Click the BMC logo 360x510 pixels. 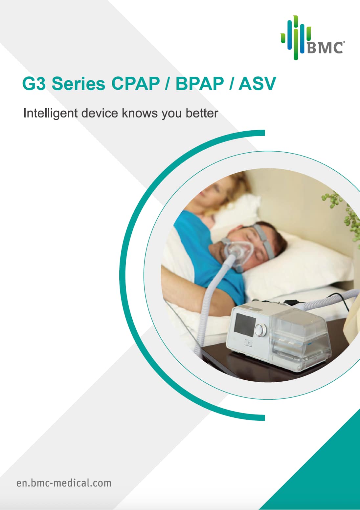[x=313, y=38]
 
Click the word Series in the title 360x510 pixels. [x=79, y=84]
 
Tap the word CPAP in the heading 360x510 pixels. [x=136, y=84]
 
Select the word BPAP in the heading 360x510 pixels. [x=200, y=84]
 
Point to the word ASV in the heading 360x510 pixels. [x=257, y=84]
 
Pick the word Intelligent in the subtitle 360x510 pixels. [x=50, y=113]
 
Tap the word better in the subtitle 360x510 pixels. [x=202, y=113]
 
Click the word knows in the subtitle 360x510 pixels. [x=140, y=113]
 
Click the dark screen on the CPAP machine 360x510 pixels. [x=245, y=325]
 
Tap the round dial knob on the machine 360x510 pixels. [x=260, y=330]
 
